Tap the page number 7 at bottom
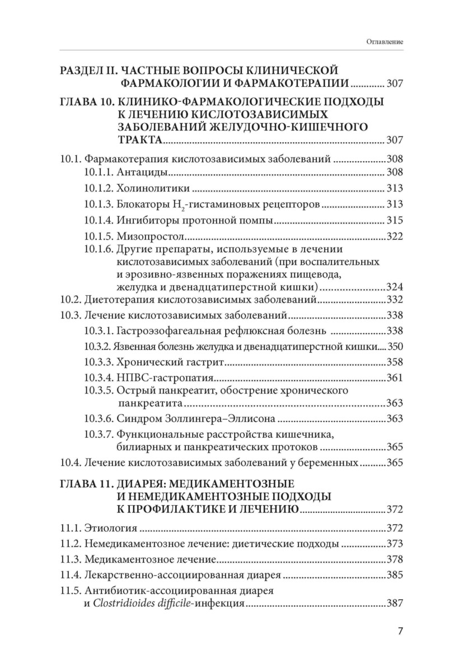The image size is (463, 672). (x=400, y=631)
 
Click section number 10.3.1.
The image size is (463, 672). (x=100, y=330)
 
